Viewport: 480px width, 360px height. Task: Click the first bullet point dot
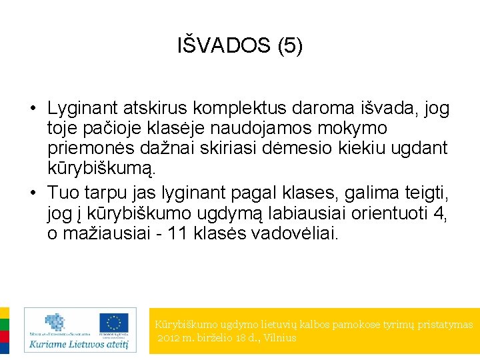pyautogui.click(x=31, y=108)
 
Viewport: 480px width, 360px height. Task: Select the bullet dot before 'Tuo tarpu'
pyautogui.click(x=31, y=193)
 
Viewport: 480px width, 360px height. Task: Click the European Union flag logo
pyautogui.click(x=114, y=323)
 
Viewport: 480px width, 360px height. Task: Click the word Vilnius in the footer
pyautogui.click(x=280, y=338)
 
